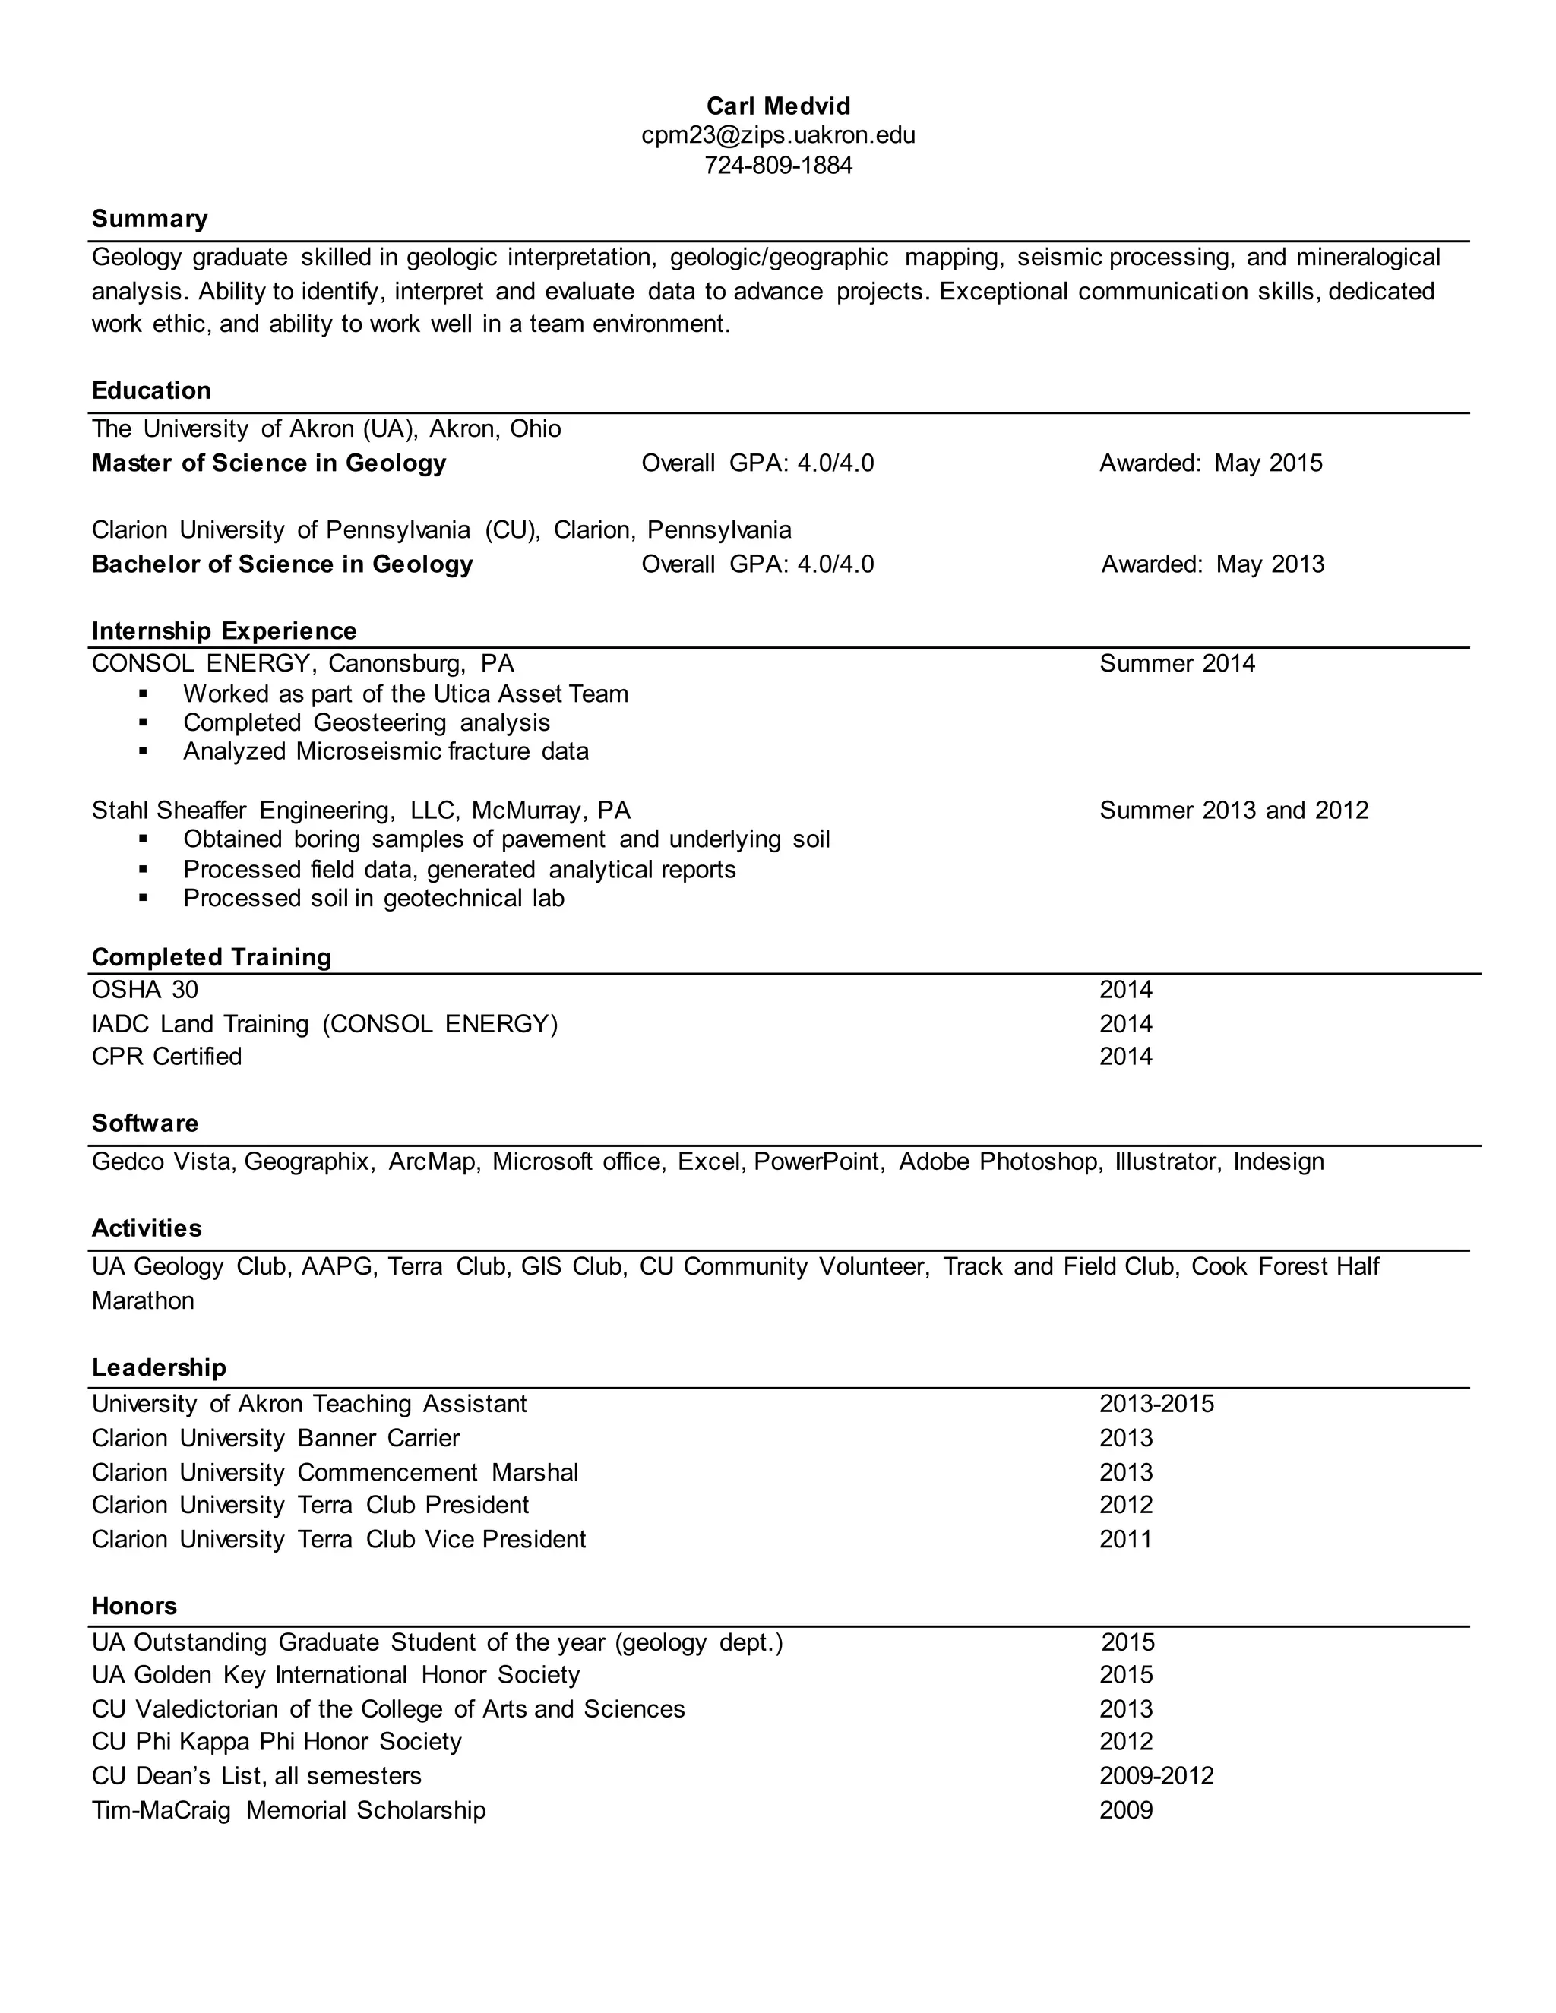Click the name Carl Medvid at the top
(778, 106)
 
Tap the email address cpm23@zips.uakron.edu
(778, 135)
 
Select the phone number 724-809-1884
(778, 166)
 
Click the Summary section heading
(150, 220)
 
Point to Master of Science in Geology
(268, 463)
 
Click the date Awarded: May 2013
(1212, 564)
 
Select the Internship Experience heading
(224, 631)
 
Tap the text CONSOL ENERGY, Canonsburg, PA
(302, 664)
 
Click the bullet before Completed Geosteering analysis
(143, 723)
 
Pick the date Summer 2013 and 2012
(1233, 811)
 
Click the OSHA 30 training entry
(144, 990)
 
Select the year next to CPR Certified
(1125, 1057)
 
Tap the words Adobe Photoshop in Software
(999, 1161)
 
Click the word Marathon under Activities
(143, 1300)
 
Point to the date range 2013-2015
(1156, 1404)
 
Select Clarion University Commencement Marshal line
(334, 1472)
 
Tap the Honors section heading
(134, 1606)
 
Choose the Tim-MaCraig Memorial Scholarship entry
(289, 1810)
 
